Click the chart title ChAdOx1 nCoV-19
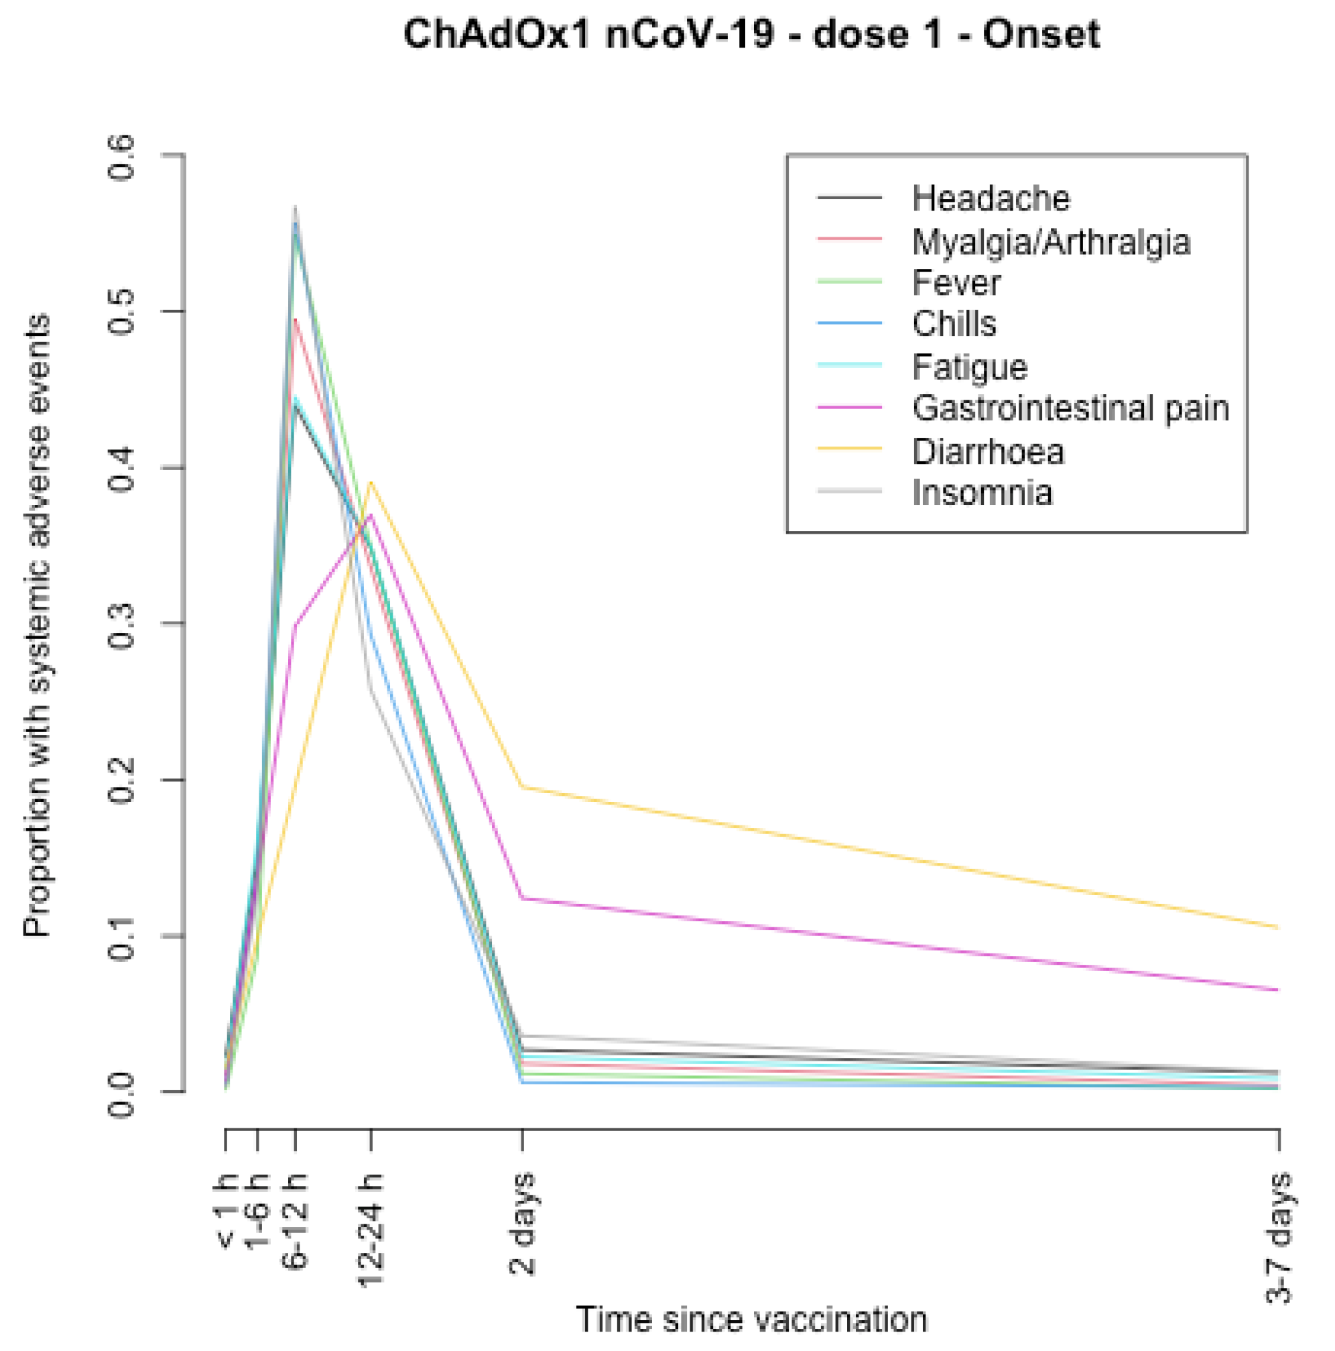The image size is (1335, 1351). coord(751,34)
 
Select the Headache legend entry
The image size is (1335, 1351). coord(990,198)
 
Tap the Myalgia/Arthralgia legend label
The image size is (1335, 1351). coord(1051,242)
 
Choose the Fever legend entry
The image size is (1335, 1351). coord(956,282)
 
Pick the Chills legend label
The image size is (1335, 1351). coord(954,324)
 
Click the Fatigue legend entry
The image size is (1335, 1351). coord(969,367)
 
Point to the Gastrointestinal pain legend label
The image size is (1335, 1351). coord(1070,408)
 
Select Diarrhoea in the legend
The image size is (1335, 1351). coord(987,452)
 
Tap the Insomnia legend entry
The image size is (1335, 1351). coord(981,493)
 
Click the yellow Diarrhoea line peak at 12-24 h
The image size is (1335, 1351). coord(371,482)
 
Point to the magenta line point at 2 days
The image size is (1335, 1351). coord(522,898)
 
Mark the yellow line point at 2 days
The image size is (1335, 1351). coord(522,787)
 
